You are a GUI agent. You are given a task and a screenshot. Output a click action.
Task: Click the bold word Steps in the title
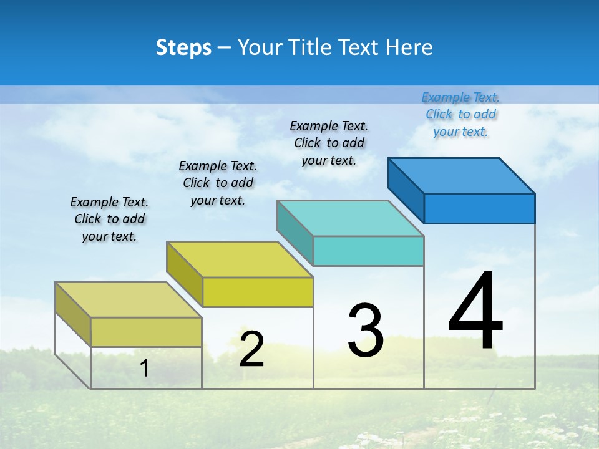tap(183, 47)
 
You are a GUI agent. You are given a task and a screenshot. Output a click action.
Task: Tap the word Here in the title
tap(409, 47)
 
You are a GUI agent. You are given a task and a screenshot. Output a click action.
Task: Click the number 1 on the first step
tap(145, 368)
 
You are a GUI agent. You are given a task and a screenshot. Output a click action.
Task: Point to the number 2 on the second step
tap(251, 349)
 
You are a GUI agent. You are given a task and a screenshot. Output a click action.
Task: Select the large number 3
tap(366, 331)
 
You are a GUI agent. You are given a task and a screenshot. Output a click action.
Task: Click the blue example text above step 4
tap(460, 114)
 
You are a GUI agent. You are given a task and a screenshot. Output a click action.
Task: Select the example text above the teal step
tap(329, 143)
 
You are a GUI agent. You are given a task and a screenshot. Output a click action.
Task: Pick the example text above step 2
tap(218, 183)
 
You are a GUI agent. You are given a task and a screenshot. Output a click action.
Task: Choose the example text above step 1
tap(109, 219)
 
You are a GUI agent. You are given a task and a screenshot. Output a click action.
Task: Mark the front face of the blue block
tap(479, 208)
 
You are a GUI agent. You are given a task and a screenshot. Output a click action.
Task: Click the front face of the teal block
tap(368, 251)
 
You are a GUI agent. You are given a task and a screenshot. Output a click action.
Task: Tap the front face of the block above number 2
tap(258, 292)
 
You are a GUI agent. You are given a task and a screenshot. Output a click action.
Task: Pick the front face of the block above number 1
tap(146, 332)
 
